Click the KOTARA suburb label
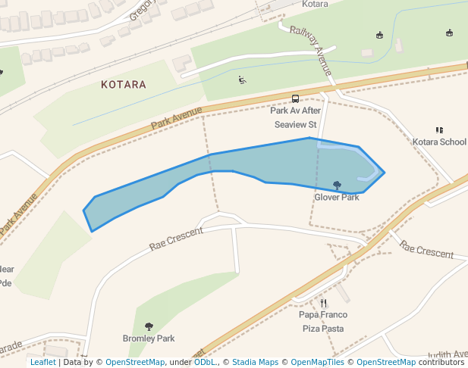click(x=123, y=85)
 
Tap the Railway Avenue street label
click(x=312, y=51)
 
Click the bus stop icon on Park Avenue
click(x=295, y=98)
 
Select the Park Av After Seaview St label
click(x=295, y=117)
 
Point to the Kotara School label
click(x=439, y=142)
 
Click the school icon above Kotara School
click(x=439, y=129)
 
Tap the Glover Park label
click(x=337, y=197)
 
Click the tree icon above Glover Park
click(x=337, y=185)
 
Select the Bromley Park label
click(x=149, y=338)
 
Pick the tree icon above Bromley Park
click(x=149, y=326)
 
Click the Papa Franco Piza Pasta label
click(x=323, y=321)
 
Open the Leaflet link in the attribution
click(x=42, y=362)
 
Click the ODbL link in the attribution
click(x=205, y=362)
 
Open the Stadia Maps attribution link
click(x=255, y=362)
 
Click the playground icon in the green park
click(x=242, y=80)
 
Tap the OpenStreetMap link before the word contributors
click(x=386, y=362)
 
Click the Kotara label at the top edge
click(x=315, y=4)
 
